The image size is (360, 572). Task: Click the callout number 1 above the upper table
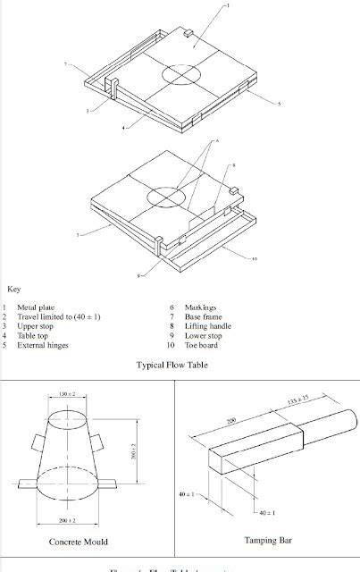[x=227, y=4]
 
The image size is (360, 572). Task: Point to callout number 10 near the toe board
[x=255, y=259]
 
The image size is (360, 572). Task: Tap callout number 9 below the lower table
[x=138, y=276]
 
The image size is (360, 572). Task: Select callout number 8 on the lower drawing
[x=233, y=165]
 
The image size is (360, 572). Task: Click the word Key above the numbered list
[x=14, y=290]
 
